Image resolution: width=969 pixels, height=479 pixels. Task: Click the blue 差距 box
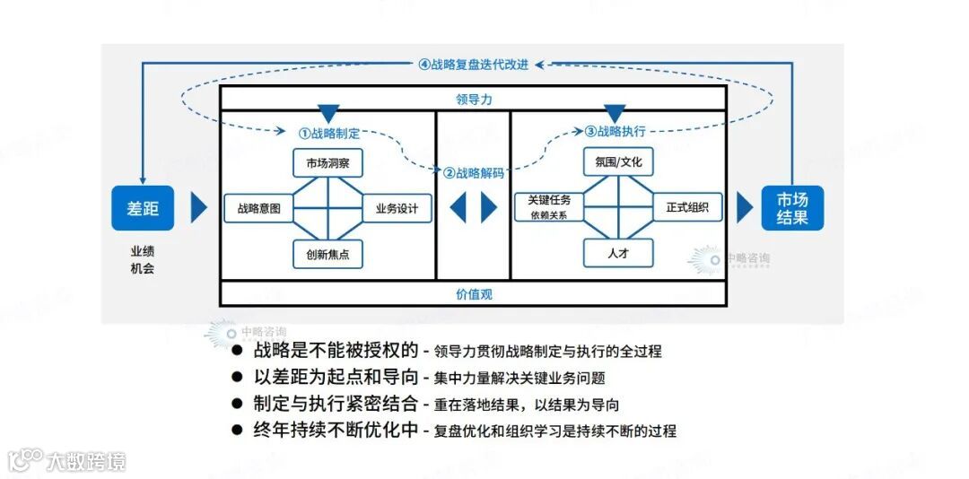pyautogui.click(x=143, y=208)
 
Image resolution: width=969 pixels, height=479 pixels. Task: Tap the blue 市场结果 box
pyautogui.click(x=792, y=208)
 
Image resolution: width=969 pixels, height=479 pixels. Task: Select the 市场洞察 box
pyautogui.click(x=327, y=163)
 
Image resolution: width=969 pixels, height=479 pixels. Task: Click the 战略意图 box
pyautogui.click(x=258, y=208)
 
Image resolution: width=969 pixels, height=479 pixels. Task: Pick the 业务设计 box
pyautogui.click(x=397, y=208)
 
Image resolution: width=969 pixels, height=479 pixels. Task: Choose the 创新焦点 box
pyautogui.click(x=327, y=255)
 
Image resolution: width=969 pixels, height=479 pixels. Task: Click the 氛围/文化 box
pyautogui.click(x=618, y=162)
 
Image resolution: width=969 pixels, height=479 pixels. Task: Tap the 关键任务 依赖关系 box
pyautogui.click(x=550, y=207)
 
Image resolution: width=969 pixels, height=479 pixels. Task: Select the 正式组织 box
pyautogui.click(x=687, y=207)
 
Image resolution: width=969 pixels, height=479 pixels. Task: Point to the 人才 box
pyautogui.click(x=618, y=254)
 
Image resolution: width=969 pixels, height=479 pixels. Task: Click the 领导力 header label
pyautogui.click(x=474, y=98)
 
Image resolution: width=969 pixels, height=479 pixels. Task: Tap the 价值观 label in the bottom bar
pyautogui.click(x=474, y=293)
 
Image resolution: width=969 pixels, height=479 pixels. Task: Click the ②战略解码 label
pyautogui.click(x=474, y=173)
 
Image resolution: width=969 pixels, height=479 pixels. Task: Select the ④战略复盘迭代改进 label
pyautogui.click(x=474, y=65)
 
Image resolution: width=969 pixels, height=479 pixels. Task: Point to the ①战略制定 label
pyautogui.click(x=329, y=133)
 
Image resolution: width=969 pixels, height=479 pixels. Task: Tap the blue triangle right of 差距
pyautogui.click(x=198, y=208)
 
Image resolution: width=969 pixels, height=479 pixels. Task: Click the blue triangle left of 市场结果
pyautogui.click(x=744, y=208)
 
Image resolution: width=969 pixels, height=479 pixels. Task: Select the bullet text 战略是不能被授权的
pyautogui.click(x=336, y=351)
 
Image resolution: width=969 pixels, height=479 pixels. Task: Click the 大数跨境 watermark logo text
pyautogui.click(x=86, y=462)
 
